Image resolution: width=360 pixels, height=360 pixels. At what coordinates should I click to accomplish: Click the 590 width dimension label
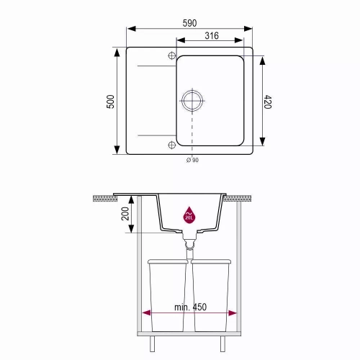point(189,23)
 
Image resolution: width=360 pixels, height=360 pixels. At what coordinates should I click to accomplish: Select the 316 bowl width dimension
point(212,36)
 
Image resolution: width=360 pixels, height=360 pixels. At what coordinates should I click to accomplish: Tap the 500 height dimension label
point(110,102)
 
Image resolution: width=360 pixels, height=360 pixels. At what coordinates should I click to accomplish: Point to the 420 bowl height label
point(268,102)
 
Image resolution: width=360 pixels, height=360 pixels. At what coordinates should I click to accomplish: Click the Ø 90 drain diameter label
point(192,160)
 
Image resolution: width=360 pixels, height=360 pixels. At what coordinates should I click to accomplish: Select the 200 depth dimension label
point(125,214)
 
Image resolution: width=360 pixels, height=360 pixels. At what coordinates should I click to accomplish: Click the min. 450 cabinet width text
point(190,307)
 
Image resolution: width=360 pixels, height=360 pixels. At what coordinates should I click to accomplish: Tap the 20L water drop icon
point(189,215)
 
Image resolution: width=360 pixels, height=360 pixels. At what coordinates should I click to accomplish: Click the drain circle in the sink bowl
point(192,101)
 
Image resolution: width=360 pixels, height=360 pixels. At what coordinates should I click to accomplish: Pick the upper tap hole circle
point(172,55)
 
